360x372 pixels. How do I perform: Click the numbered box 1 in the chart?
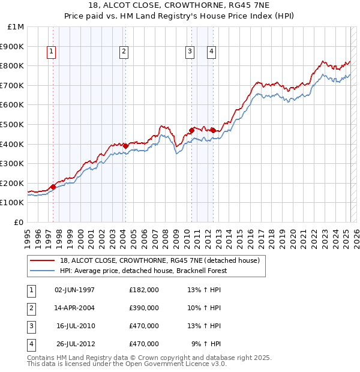(51, 52)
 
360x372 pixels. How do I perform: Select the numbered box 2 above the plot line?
(123, 52)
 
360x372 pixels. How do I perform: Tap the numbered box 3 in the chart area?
(190, 52)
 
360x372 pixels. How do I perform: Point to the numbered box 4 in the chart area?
(212, 52)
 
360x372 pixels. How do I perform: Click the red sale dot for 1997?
(53, 187)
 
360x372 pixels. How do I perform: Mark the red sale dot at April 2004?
(125, 146)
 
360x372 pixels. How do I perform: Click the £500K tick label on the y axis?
(12, 124)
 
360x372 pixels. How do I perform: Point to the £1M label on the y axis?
(16, 26)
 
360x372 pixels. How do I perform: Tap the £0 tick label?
(19, 222)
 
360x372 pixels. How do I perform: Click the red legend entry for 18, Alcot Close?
(159, 260)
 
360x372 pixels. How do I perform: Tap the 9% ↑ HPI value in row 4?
(206, 344)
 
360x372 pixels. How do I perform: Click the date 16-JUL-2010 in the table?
(76, 326)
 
